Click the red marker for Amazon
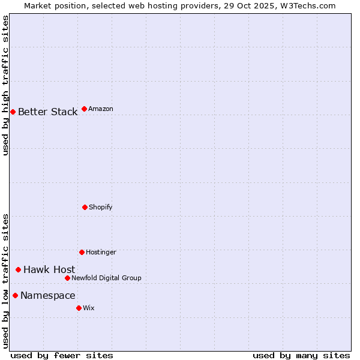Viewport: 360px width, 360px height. click(x=84, y=109)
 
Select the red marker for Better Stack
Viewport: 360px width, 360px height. click(x=13, y=112)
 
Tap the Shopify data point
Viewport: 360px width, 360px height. click(x=85, y=207)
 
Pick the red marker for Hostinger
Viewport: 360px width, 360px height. click(x=82, y=252)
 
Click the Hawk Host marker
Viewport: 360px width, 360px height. click(x=18, y=269)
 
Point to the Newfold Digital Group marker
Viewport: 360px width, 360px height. click(x=67, y=278)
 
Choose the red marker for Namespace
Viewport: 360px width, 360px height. click(x=15, y=295)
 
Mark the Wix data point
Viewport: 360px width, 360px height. click(x=79, y=308)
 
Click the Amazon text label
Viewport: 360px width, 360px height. click(x=101, y=109)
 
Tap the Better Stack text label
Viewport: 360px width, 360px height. click(x=47, y=112)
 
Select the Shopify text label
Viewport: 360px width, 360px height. click(x=101, y=207)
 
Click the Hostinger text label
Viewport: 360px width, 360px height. click(x=101, y=252)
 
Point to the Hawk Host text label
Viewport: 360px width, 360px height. click(x=49, y=269)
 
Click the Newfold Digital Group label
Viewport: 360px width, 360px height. click(x=106, y=278)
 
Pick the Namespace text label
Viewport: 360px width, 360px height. click(x=47, y=295)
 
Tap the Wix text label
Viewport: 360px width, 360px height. click(x=89, y=308)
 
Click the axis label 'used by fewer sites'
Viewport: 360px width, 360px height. click(x=62, y=355)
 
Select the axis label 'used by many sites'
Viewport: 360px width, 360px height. click(x=301, y=355)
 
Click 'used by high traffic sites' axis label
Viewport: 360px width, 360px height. click(x=5, y=85)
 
